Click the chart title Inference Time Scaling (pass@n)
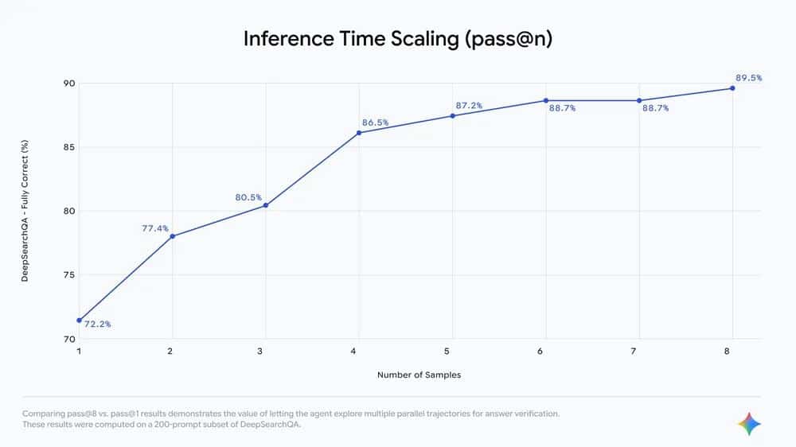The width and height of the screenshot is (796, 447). [397, 39]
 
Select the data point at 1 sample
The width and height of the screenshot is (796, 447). [79, 320]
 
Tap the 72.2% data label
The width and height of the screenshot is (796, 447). [98, 325]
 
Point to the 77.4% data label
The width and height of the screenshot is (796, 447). [155, 228]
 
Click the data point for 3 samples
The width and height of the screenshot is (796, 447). [266, 205]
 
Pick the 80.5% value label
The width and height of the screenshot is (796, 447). [248, 198]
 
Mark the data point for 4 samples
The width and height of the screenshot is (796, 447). [359, 133]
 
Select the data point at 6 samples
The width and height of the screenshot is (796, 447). [546, 100]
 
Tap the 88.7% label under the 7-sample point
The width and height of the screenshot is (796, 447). [655, 108]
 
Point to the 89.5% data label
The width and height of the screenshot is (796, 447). [748, 78]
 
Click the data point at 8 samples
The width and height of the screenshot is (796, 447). [732, 88]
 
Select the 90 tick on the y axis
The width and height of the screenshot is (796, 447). [68, 84]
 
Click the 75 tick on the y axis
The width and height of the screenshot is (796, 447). [68, 275]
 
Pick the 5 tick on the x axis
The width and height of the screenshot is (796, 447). [452, 351]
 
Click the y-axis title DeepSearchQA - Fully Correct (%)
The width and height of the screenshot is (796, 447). [25, 211]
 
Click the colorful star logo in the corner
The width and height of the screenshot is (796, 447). [749, 424]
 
